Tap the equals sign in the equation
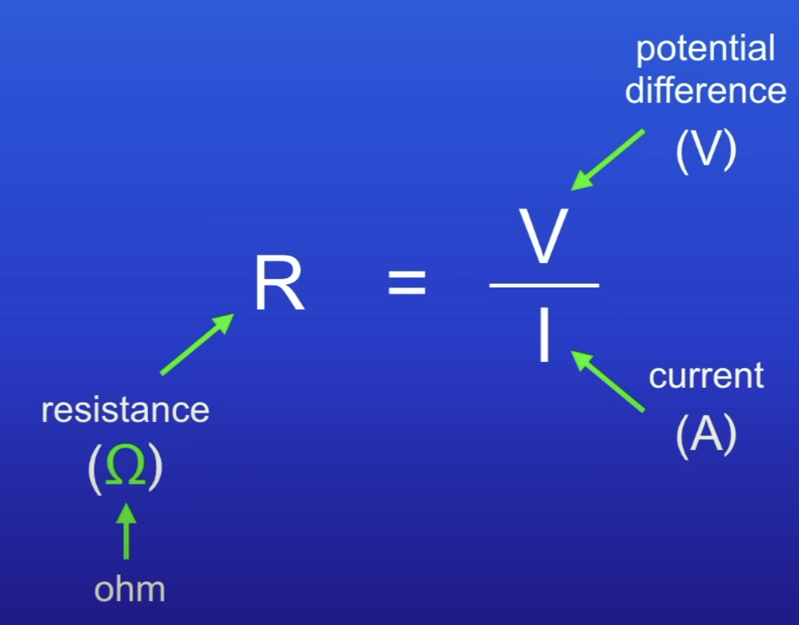(407, 282)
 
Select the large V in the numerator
(544, 236)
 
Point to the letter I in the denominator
(544, 335)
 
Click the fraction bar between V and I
(544, 286)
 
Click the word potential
(705, 50)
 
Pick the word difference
(705, 91)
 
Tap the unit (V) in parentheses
(706, 149)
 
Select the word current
(706, 376)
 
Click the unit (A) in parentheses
(706, 434)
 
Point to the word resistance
(125, 410)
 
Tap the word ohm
(130, 590)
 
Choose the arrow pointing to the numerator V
(608, 160)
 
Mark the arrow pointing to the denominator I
(608, 381)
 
